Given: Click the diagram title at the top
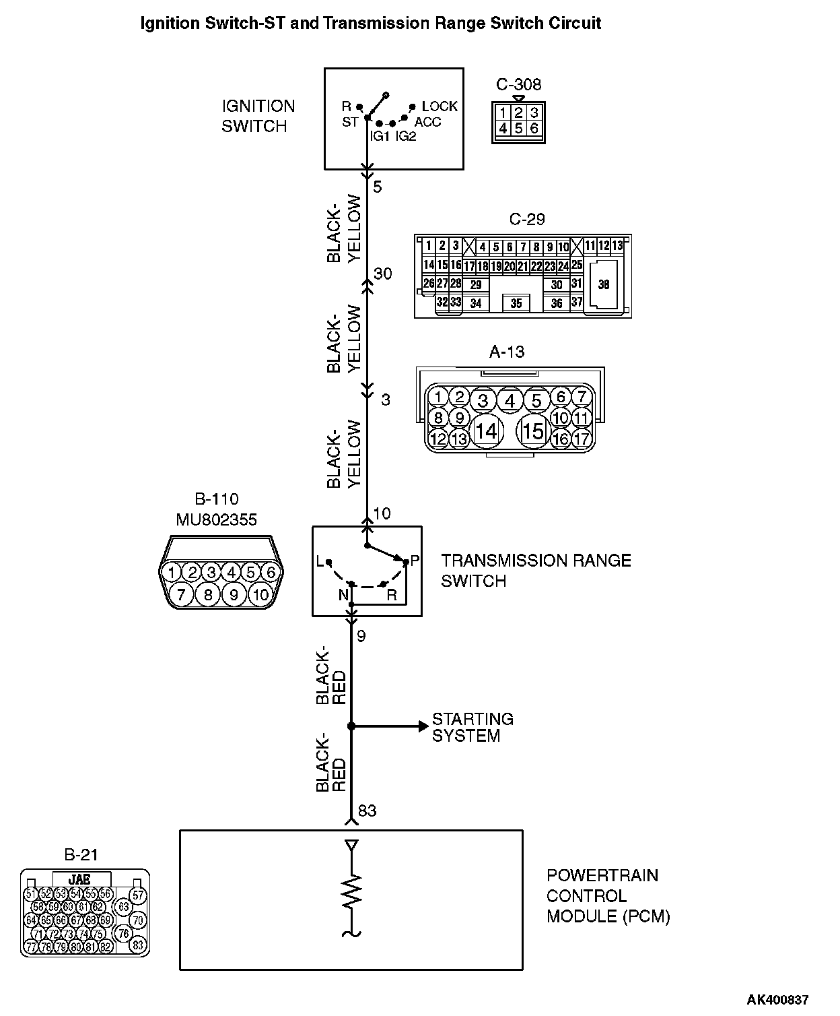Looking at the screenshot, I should pyautogui.click(x=370, y=24).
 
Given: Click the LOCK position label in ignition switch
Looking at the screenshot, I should pyautogui.click(x=440, y=106).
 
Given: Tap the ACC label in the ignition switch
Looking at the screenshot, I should pyautogui.click(x=427, y=122).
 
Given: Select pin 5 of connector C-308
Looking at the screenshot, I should pyautogui.click(x=518, y=127).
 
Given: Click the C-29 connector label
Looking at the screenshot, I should pyautogui.click(x=527, y=219).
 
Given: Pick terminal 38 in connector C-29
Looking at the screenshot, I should pyautogui.click(x=603, y=284).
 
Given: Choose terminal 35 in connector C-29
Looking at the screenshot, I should pyautogui.click(x=516, y=303).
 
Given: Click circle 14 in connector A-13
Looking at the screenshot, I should pyautogui.click(x=486, y=431).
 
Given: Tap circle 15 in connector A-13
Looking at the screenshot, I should pyautogui.click(x=533, y=431).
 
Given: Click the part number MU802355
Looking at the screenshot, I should pyautogui.click(x=217, y=519).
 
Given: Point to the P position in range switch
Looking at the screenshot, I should pyautogui.click(x=414, y=561).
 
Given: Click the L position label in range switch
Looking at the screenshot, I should pyautogui.click(x=320, y=561).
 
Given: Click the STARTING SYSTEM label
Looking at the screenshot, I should pyautogui.click(x=473, y=728).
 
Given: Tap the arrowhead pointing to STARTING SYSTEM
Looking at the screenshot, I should pyautogui.click(x=423, y=726).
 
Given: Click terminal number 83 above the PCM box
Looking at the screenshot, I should pyautogui.click(x=367, y=811).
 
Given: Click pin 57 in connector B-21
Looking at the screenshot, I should pyautogui.click(x=137, y=895).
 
